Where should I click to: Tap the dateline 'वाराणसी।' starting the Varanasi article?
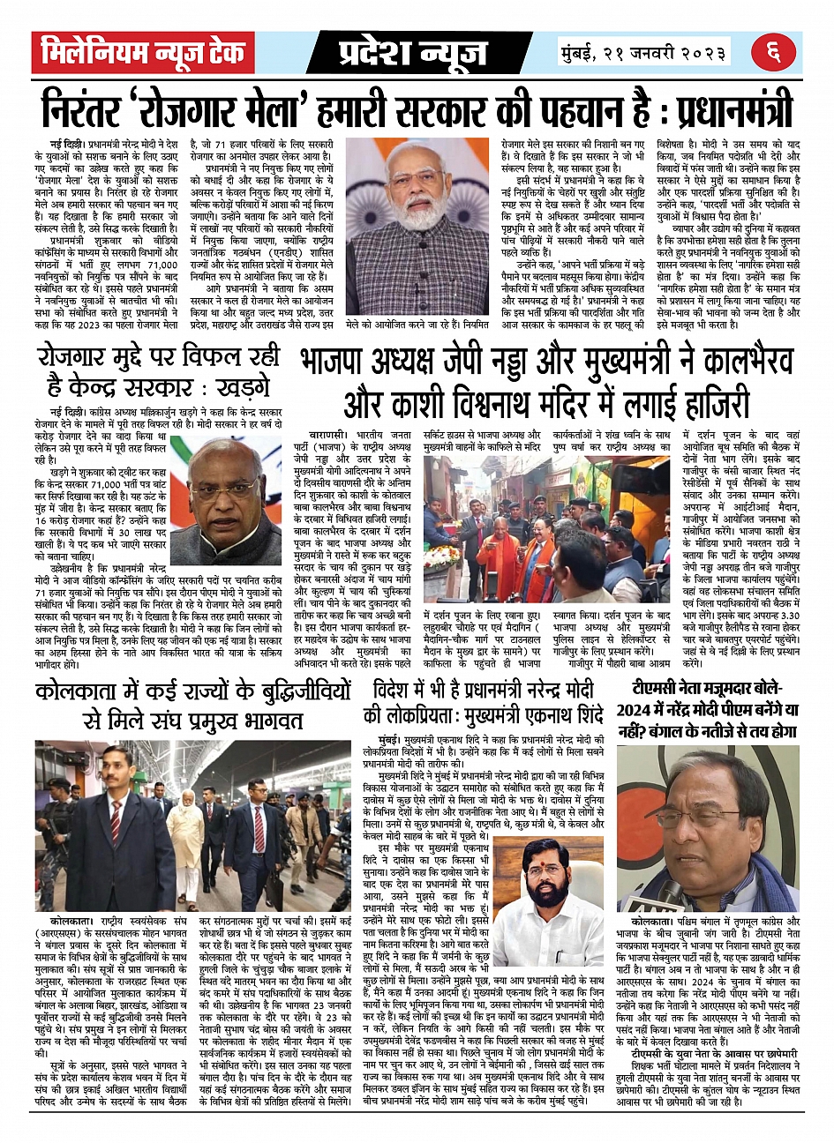332,436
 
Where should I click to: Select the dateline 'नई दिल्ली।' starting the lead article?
68,143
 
